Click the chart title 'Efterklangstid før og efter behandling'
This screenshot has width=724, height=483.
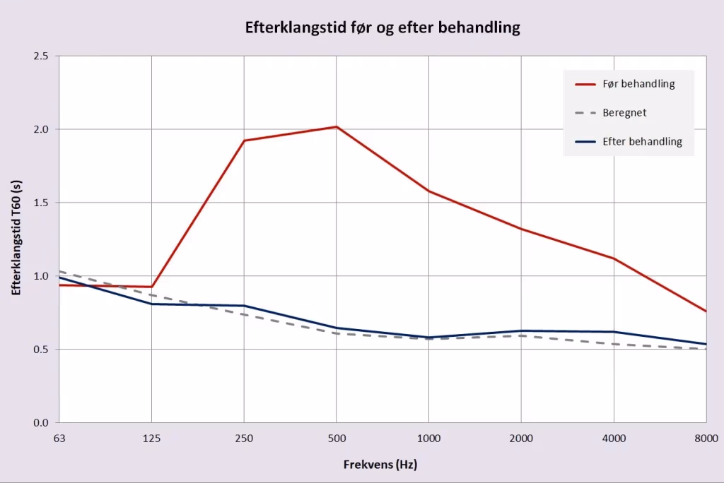pos(383,28)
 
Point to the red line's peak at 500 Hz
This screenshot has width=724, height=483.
pos(337,127)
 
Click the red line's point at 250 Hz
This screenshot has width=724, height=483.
pos(244,141)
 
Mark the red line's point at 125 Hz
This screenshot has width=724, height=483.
pos(152,287)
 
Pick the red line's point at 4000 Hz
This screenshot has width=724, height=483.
pos(614,258)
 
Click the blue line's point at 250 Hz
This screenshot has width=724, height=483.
pos(244,306)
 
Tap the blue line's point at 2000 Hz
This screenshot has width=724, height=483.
pos(521,330)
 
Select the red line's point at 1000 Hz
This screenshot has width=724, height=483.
pos(429,191)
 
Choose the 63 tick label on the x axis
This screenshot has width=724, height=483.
pos(59,439)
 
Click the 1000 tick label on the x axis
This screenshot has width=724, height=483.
pos(429,439)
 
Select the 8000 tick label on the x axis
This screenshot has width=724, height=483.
pos(706,439)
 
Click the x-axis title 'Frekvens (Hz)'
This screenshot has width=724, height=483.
pos(380,465)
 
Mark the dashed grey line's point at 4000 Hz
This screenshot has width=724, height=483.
pos(614,344)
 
